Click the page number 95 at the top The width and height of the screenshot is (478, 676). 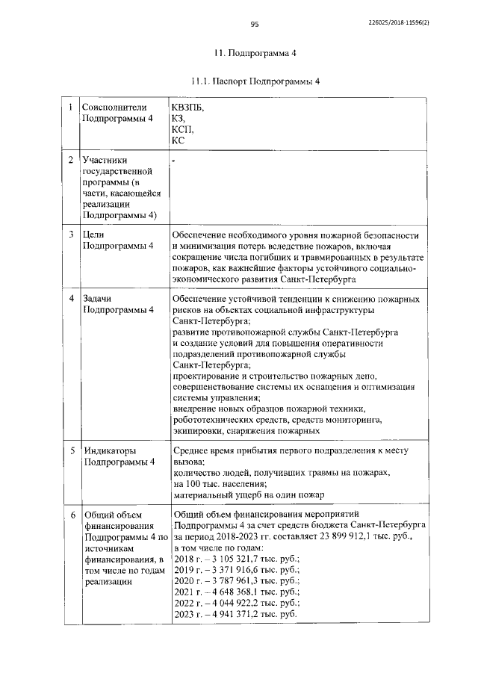pos(254,25)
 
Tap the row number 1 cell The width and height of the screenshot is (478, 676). pos(70,108)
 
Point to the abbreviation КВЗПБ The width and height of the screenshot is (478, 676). pos(187,108)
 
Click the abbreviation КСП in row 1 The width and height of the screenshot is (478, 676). pos(182,128)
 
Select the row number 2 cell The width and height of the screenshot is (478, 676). pos(70,160)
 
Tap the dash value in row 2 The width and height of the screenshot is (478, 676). pos(173,160)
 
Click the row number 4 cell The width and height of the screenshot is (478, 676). pos(70,298)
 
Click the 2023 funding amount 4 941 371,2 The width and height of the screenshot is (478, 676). pos(240,613)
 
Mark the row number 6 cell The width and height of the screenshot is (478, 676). pos(70,515)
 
